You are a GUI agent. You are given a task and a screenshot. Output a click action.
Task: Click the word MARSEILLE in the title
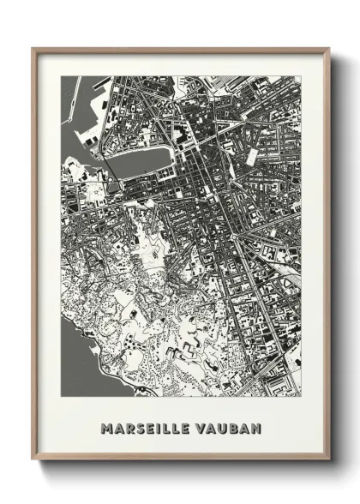(146, 427)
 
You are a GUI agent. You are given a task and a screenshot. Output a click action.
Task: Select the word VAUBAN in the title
(228, 427)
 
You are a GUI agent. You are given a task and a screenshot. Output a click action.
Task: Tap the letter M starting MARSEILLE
(106, 427)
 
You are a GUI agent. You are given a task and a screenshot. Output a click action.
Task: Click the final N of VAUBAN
(255, 427)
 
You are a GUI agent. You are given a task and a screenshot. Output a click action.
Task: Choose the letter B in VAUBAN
(234, 427)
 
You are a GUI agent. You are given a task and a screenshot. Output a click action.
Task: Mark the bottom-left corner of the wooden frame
(33, 459)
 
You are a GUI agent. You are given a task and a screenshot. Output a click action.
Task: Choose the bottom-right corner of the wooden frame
(328, 459)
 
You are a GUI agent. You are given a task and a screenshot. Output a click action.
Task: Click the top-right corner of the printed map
(301, 76)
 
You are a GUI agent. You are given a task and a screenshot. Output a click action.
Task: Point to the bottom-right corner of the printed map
(301, 396)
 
